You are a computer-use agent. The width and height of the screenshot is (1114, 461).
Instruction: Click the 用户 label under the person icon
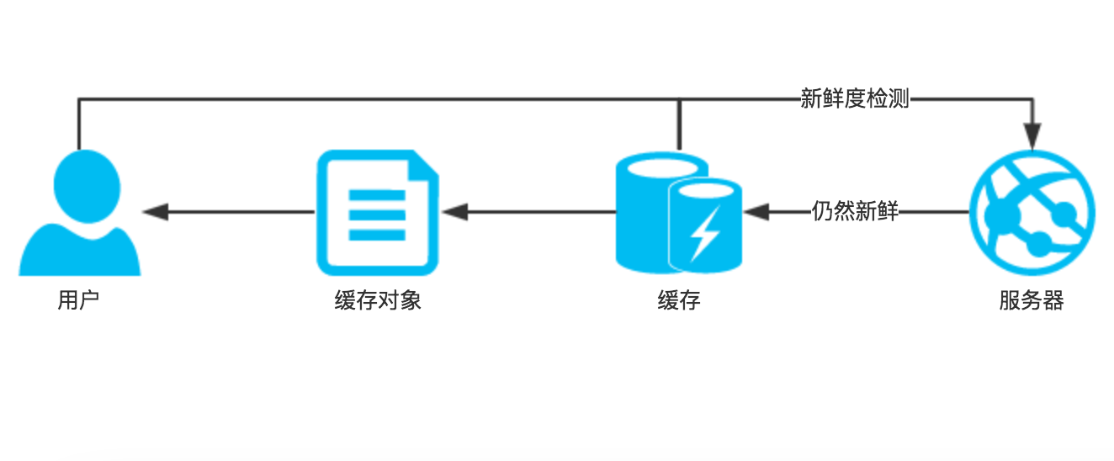coord(78,300)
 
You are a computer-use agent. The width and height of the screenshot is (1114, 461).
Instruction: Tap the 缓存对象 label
coord(378,300)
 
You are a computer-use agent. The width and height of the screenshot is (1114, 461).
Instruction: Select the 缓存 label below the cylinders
coord(679,300)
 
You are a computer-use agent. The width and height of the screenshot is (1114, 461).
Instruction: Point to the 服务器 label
coord(1032,300)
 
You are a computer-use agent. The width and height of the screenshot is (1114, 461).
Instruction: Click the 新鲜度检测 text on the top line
coord(855,98)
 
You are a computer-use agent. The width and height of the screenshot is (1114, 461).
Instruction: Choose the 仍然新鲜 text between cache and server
coord(855,211)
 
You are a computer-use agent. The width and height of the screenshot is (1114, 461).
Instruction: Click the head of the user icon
coord(87,186)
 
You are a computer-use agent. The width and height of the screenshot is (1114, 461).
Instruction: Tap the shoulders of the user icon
coord(80,252)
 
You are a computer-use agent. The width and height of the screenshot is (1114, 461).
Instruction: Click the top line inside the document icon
coord(377,195)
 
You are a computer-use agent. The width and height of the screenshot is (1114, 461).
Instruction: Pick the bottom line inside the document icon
coord(377,236)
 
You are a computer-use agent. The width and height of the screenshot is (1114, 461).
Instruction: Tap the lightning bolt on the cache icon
coord(706,234)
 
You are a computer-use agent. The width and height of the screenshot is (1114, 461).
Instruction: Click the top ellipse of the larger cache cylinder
coord(661,167)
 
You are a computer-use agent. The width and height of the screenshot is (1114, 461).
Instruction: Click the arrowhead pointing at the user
coord(156,212)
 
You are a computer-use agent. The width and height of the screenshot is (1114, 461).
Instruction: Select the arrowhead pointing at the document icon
coord(454,212)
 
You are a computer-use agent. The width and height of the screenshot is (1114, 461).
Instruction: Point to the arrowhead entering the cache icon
coord(756,212)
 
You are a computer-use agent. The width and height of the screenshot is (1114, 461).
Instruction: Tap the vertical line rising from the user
coord(78,125)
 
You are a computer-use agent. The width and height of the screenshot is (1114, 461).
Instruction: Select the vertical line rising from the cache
coord(679,125)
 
